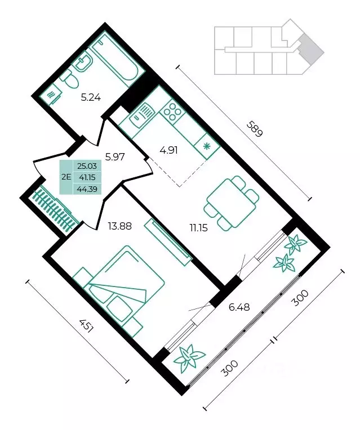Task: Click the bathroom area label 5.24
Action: click(x=91, y=97)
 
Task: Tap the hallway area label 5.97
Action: click(x=115, y=157)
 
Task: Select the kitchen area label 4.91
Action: click(x=169, y=150)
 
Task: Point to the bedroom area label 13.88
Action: click(x=120, y=226)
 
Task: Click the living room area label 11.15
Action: click(x=198, y=227)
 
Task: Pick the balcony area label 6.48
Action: click(x=239, y=307)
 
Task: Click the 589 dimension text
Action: click(x=255, y=129)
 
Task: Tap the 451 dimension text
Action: click(x=87, y=326)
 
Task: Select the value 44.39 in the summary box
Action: click(x=88, y=189)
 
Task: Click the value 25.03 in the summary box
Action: click(x=88, y=165)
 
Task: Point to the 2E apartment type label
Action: click(x=66, y=177)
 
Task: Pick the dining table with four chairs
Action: click(x=232, y=203)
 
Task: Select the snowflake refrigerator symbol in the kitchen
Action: click(x=206, y=146)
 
